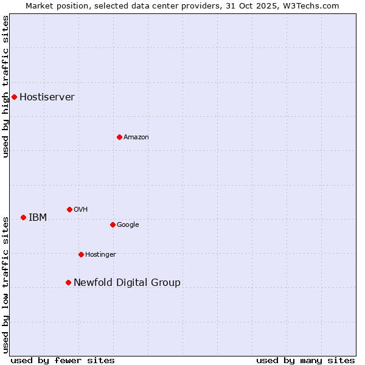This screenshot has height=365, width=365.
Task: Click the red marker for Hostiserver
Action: [x=14, y=97]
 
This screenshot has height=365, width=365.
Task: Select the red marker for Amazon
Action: [x=119, y=137]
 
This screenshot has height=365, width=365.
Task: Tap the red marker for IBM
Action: [x=23, y=217]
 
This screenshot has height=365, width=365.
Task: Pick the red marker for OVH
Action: [x=69, y=209]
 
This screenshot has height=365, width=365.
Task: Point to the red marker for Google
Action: [x=113, y=224]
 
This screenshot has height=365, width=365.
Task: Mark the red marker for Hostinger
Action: [x=81, y=254]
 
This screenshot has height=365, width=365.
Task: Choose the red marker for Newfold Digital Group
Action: [x=68, y=282]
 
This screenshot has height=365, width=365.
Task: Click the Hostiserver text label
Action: [x=47, y=97]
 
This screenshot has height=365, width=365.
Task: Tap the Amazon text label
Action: [x=136, y=137]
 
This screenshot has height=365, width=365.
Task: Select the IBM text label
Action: [x=38, y=218]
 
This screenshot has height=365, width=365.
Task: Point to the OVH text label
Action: [x=81, y=210]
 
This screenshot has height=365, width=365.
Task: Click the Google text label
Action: [x=128, y=225]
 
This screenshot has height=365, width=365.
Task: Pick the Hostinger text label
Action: [x=100, y=255]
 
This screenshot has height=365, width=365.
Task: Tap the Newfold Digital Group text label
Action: [x=127, y=283]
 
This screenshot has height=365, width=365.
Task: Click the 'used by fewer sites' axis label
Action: [x=63, y=360]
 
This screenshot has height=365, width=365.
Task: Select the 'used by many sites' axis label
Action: [x=305, y=360]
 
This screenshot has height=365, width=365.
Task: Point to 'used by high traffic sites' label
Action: [x=5, y=86]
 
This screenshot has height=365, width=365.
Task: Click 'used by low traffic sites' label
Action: [x=5, y=284]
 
